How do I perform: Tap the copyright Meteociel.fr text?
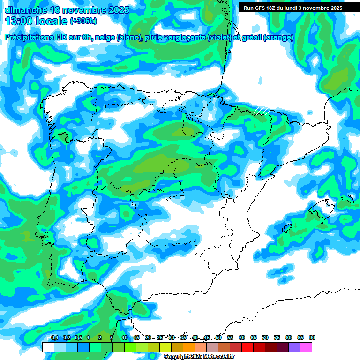coord(199,357)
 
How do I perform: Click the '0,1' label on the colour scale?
coord(54,338)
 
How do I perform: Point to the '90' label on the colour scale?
coord(312,338)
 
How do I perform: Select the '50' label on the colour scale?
coord(218,338)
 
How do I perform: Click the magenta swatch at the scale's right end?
coord(306,347)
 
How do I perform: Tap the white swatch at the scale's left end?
coord(48,347)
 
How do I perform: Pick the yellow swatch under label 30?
coord(165,347)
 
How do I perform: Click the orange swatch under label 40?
coord(188,347)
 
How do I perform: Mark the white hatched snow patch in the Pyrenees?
coord(261,111)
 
